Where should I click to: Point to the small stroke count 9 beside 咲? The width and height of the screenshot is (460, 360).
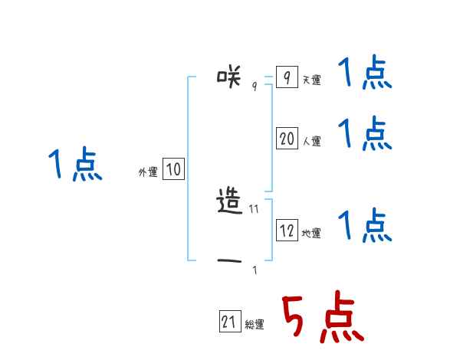pyautogui.click(x=255, y=87)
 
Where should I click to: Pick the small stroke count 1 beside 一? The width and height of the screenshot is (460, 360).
pyautogui.click(x=255, y=270)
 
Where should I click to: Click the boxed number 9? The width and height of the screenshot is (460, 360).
pyautogui.click(x=286, y=77)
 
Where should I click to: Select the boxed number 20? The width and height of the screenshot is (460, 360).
pyautogui.click(x=287, y=139)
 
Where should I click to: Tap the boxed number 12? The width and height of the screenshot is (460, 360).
pyautogui.click(x=287, y=231)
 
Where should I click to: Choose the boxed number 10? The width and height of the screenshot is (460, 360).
pyautogui.click(x=173, y=170)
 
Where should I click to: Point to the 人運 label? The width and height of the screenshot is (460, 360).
pyautogui.click(x=311, y=142)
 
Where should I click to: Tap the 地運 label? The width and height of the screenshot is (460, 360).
pyautogui.click(x=311, y=234)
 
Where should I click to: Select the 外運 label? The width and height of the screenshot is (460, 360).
pyautogui.click(x=148, y=173)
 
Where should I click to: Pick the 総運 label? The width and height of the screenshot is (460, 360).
pyautogui.click(x=255, y=326)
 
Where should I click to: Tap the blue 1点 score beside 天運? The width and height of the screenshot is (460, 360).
pyautogui.click(x=365, y=74)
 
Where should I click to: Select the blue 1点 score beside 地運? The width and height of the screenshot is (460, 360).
pyautogui.click(x=365, y=225)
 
